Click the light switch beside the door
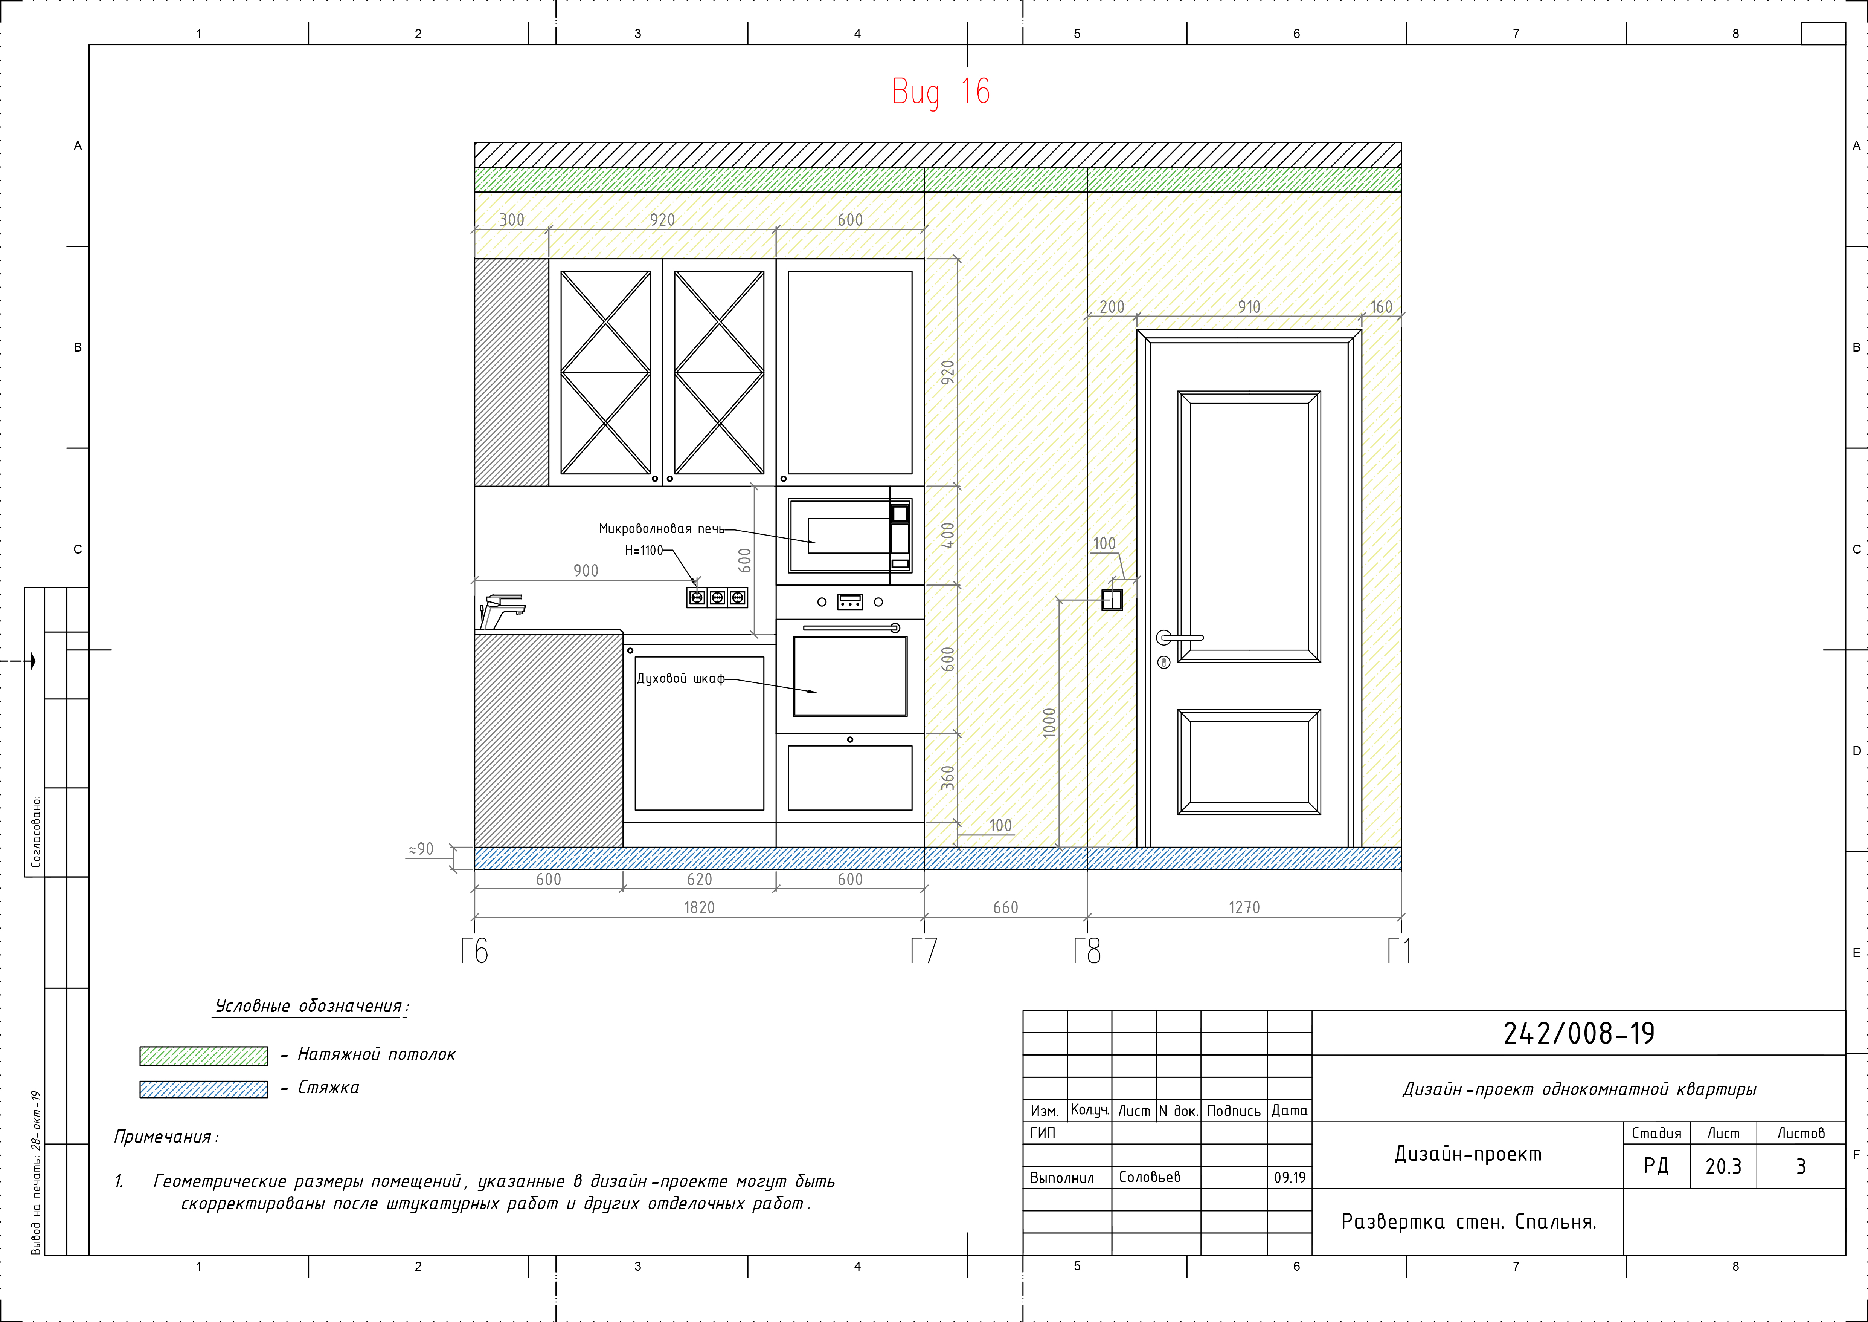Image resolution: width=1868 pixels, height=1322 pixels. click(1112, 600)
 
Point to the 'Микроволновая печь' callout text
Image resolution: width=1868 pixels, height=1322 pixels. click(662, 529)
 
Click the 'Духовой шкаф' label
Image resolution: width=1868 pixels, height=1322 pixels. click(680, 678)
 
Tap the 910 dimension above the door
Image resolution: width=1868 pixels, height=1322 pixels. click(1249, 307)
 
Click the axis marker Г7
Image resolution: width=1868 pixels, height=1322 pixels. click(924, 950)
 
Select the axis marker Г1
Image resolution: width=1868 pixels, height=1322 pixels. click(1399, 950)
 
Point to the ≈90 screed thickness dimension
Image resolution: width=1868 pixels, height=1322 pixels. click(421, 849)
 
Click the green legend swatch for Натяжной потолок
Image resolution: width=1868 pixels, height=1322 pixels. click(203, 1056)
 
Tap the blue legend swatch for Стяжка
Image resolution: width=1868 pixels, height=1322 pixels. click(203, 1089)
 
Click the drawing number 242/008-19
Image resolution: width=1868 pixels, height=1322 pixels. click(1578, 1033)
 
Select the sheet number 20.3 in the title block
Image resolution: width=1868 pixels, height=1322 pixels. click(1723, 1166)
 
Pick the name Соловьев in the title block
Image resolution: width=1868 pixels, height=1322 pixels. click(1150, 1177)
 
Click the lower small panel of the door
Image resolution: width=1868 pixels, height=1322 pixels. click(1249, 762)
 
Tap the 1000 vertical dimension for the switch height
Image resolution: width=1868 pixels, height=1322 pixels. click(1049, 723)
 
